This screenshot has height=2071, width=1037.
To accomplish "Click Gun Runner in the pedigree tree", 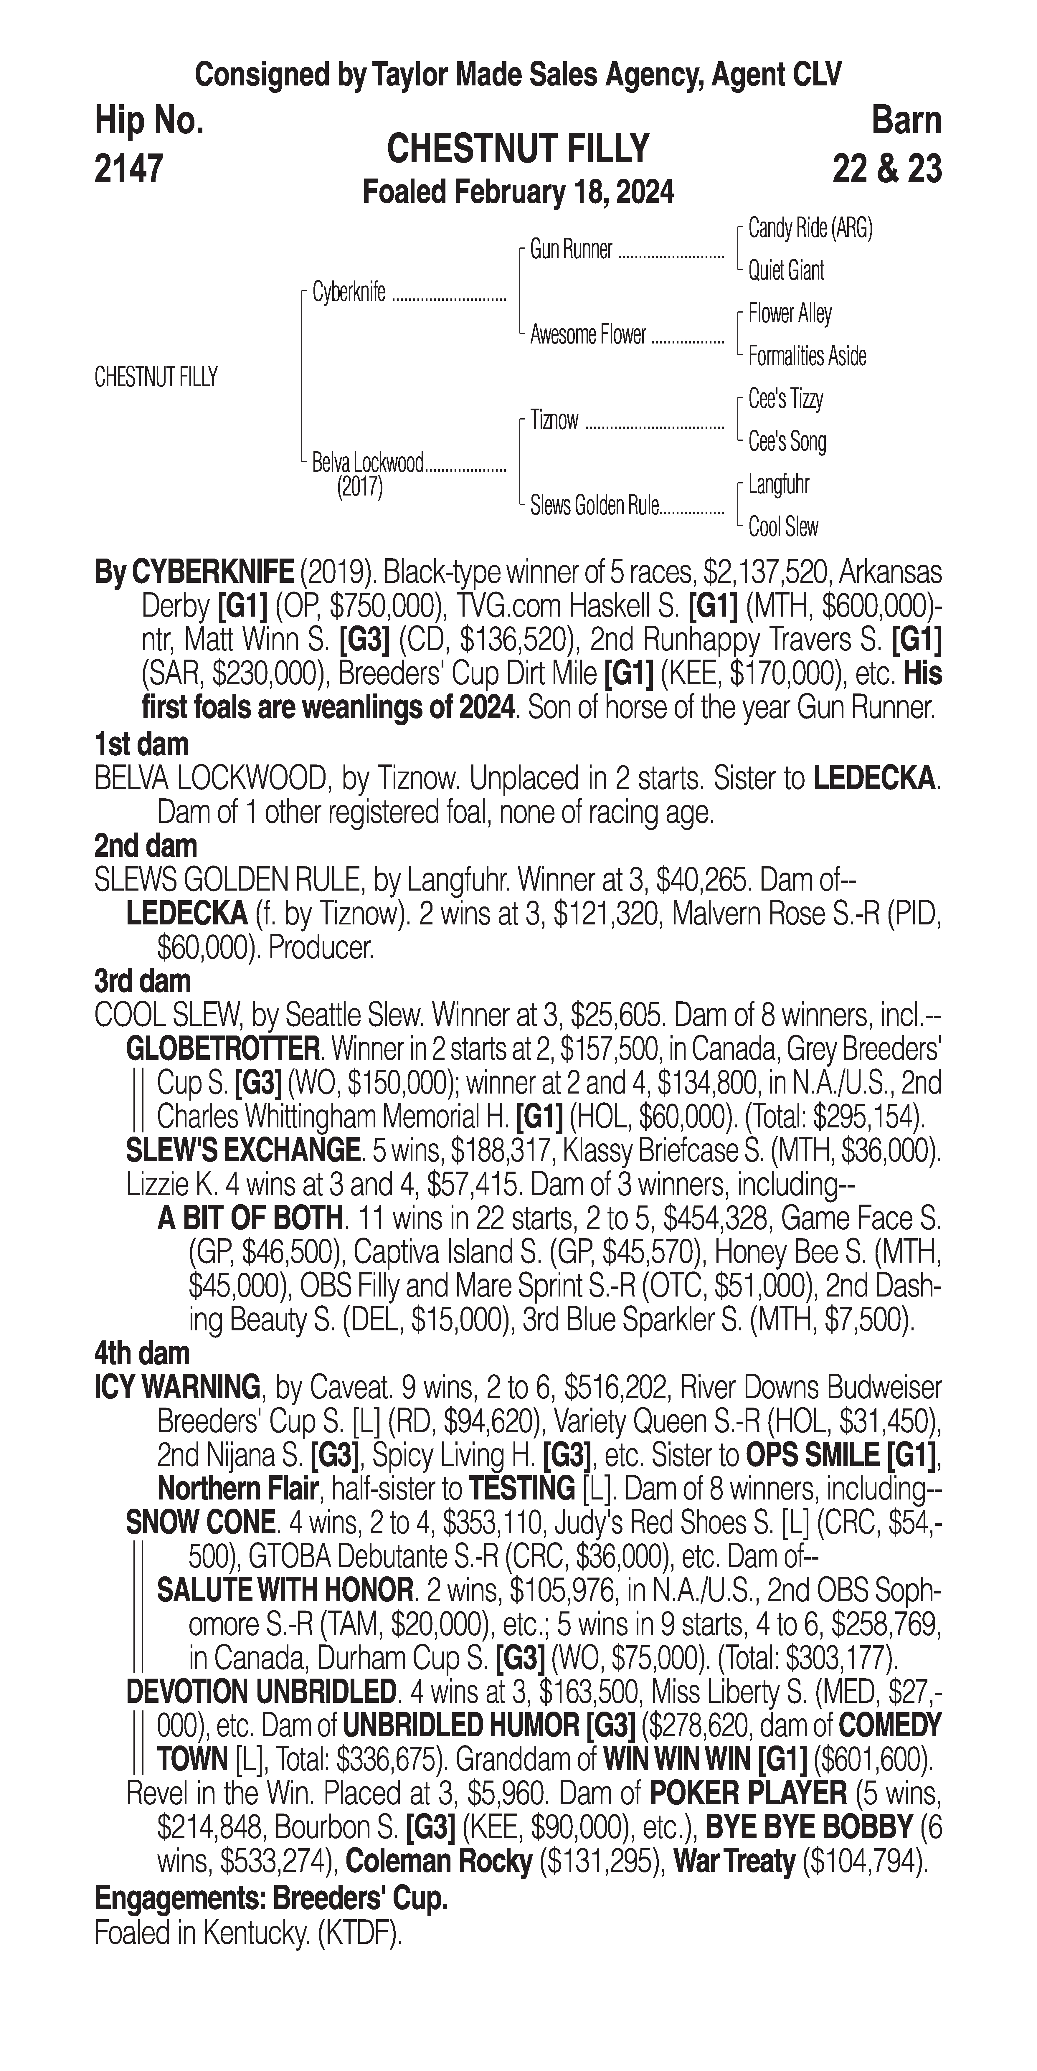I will coord(571,250).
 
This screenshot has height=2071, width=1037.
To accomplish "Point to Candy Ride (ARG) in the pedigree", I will coord(810,229).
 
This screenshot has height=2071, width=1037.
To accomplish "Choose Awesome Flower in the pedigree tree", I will coord(588,335).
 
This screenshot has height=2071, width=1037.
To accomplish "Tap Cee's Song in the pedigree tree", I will coord(787,441).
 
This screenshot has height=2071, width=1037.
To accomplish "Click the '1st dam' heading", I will coord(141,744).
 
